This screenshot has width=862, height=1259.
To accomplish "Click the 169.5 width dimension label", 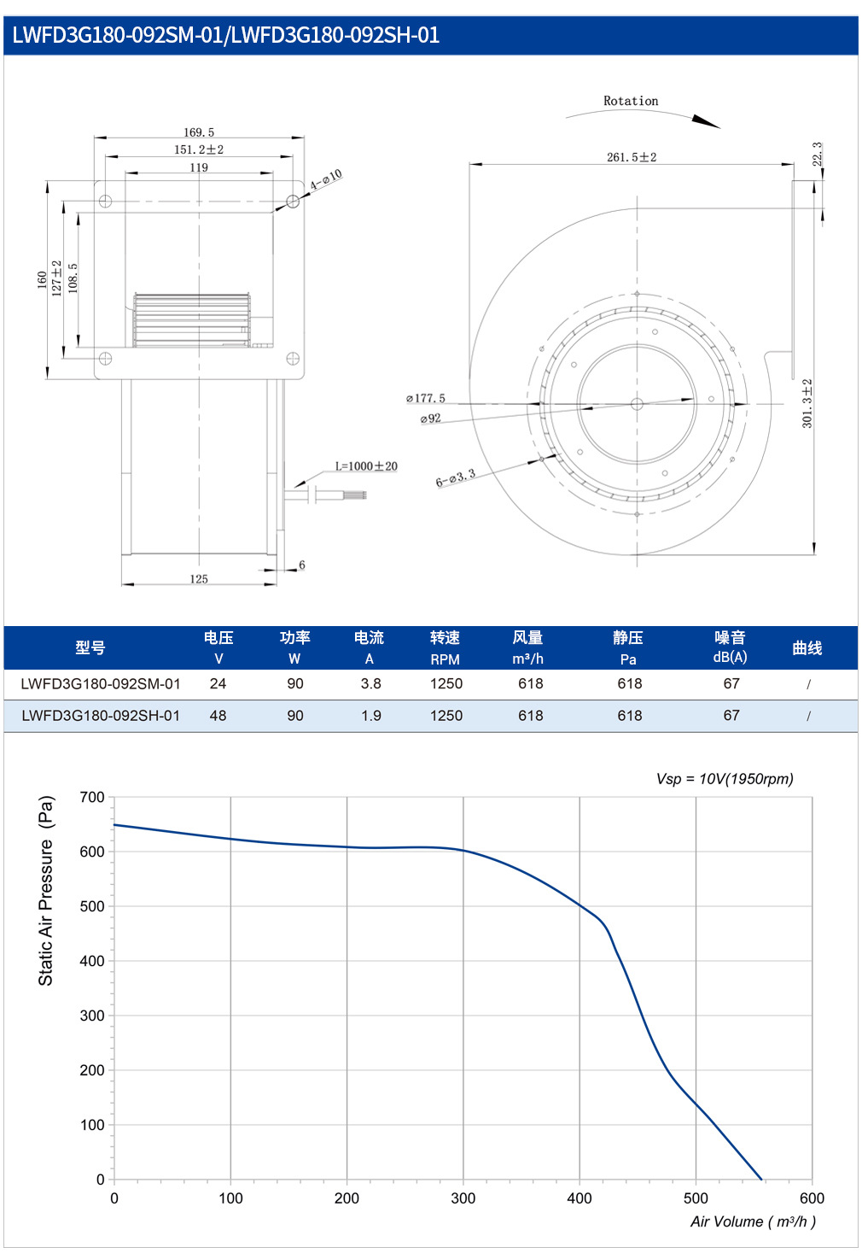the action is [199, 132].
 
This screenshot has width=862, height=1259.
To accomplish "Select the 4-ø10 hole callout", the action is [326, 179].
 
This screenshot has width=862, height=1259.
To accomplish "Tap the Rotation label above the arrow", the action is [631, 101].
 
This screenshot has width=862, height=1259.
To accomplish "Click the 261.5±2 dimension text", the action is [632, 157].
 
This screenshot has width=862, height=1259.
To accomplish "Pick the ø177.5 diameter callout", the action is [426, 398].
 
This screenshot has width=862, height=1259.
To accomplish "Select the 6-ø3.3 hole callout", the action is [456, 477].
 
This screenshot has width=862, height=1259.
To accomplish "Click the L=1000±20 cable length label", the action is [366, 466].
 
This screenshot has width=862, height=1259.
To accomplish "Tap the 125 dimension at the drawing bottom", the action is [199, 579].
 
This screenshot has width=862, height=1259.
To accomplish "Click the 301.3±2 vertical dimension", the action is [807, 403].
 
